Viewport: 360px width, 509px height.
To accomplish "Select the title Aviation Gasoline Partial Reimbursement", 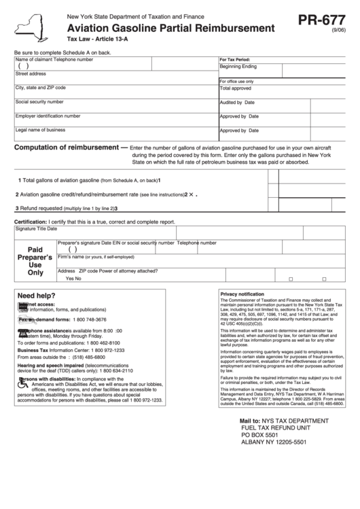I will click(x=170, y=29).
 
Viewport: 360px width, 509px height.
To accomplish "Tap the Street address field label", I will click(x=31, y=73).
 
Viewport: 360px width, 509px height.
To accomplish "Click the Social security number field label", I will click(x=39, y=101).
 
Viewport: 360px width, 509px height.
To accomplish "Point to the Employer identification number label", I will click(x=48, y=116).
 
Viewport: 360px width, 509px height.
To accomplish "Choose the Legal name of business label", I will click(x=41, y=129).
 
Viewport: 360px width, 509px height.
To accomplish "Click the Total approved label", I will click(x=235, y=88).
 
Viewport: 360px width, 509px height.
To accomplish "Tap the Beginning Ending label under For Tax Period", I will click(x=238, y=67).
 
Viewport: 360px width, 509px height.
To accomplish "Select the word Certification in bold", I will click(x=31, y=222).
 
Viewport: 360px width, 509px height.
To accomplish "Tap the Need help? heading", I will click(x=36, y=296).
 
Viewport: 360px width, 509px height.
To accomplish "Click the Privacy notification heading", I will click(x=242, y=294).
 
